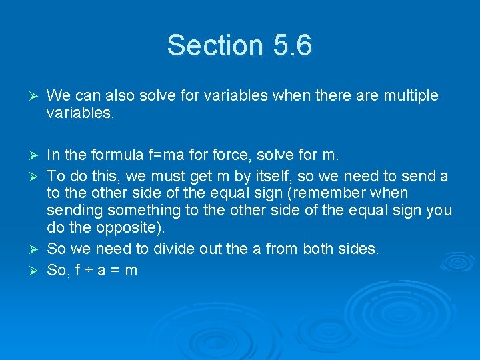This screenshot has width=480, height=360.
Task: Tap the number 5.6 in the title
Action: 292,45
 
